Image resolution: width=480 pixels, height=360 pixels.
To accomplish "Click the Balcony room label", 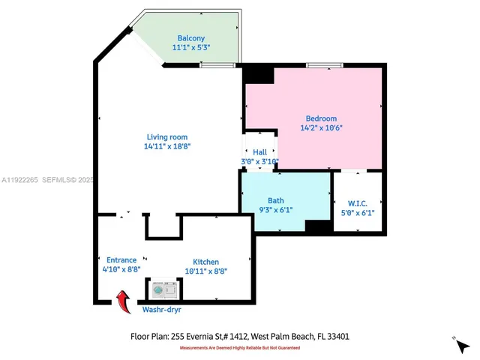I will click(x=191, y=38).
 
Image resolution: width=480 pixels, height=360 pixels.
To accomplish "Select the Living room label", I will click(x=166, y=136).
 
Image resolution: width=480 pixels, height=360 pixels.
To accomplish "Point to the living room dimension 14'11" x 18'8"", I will click(x=166, y=146).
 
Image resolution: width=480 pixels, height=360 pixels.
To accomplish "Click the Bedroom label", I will click(x=320, y=118).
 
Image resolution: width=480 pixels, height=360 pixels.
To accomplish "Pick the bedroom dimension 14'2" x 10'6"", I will click(x=320, y=127).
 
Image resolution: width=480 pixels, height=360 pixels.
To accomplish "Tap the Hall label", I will click(x=259, y=152).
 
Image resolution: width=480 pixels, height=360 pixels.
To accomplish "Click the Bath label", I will click(x=275, y=200).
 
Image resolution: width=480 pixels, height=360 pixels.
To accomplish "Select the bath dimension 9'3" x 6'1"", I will click(x=275, y=210).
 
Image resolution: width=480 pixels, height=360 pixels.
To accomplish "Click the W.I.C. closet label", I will click(x=357, y=203).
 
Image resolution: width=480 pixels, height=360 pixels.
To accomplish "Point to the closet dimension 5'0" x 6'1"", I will click(x=357, y=213).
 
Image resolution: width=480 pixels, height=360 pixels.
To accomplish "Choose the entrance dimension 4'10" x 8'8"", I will click(x=121, y=269).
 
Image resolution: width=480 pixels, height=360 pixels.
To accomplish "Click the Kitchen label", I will click(x=205, y=262).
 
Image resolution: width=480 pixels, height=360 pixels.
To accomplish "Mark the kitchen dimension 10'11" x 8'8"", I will click(x=205, y=271).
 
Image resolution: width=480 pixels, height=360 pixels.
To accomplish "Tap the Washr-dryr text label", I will click(x=161, y=309).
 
